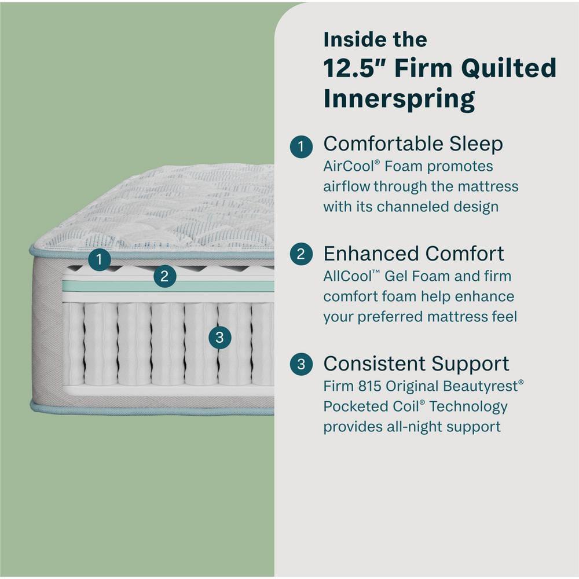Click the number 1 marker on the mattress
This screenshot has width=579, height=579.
100,260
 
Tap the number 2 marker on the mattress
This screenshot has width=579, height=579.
164,277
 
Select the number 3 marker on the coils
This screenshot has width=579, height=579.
219,338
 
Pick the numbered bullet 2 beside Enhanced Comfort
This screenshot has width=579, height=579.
301,254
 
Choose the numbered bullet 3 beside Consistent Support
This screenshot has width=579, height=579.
301,364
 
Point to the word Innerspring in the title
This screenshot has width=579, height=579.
399,99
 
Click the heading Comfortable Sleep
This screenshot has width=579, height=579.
413,144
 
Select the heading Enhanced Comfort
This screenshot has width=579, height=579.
413,254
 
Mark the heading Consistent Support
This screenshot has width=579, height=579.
416,364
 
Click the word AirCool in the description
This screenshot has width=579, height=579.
349,167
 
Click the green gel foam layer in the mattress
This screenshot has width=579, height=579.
168,287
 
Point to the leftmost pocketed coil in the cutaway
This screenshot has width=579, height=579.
73,344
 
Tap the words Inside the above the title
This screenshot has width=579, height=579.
375,39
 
